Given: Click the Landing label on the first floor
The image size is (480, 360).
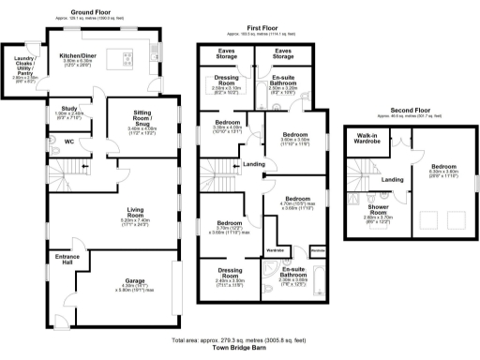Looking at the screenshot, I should click(253, 165).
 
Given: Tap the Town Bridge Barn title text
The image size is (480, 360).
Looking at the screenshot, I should click(239, 348).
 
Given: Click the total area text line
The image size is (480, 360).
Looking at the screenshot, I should click(239, 339).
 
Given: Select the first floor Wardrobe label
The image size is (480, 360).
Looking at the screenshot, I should click(275, 250).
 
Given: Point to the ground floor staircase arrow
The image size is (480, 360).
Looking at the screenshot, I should click(84, 168).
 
